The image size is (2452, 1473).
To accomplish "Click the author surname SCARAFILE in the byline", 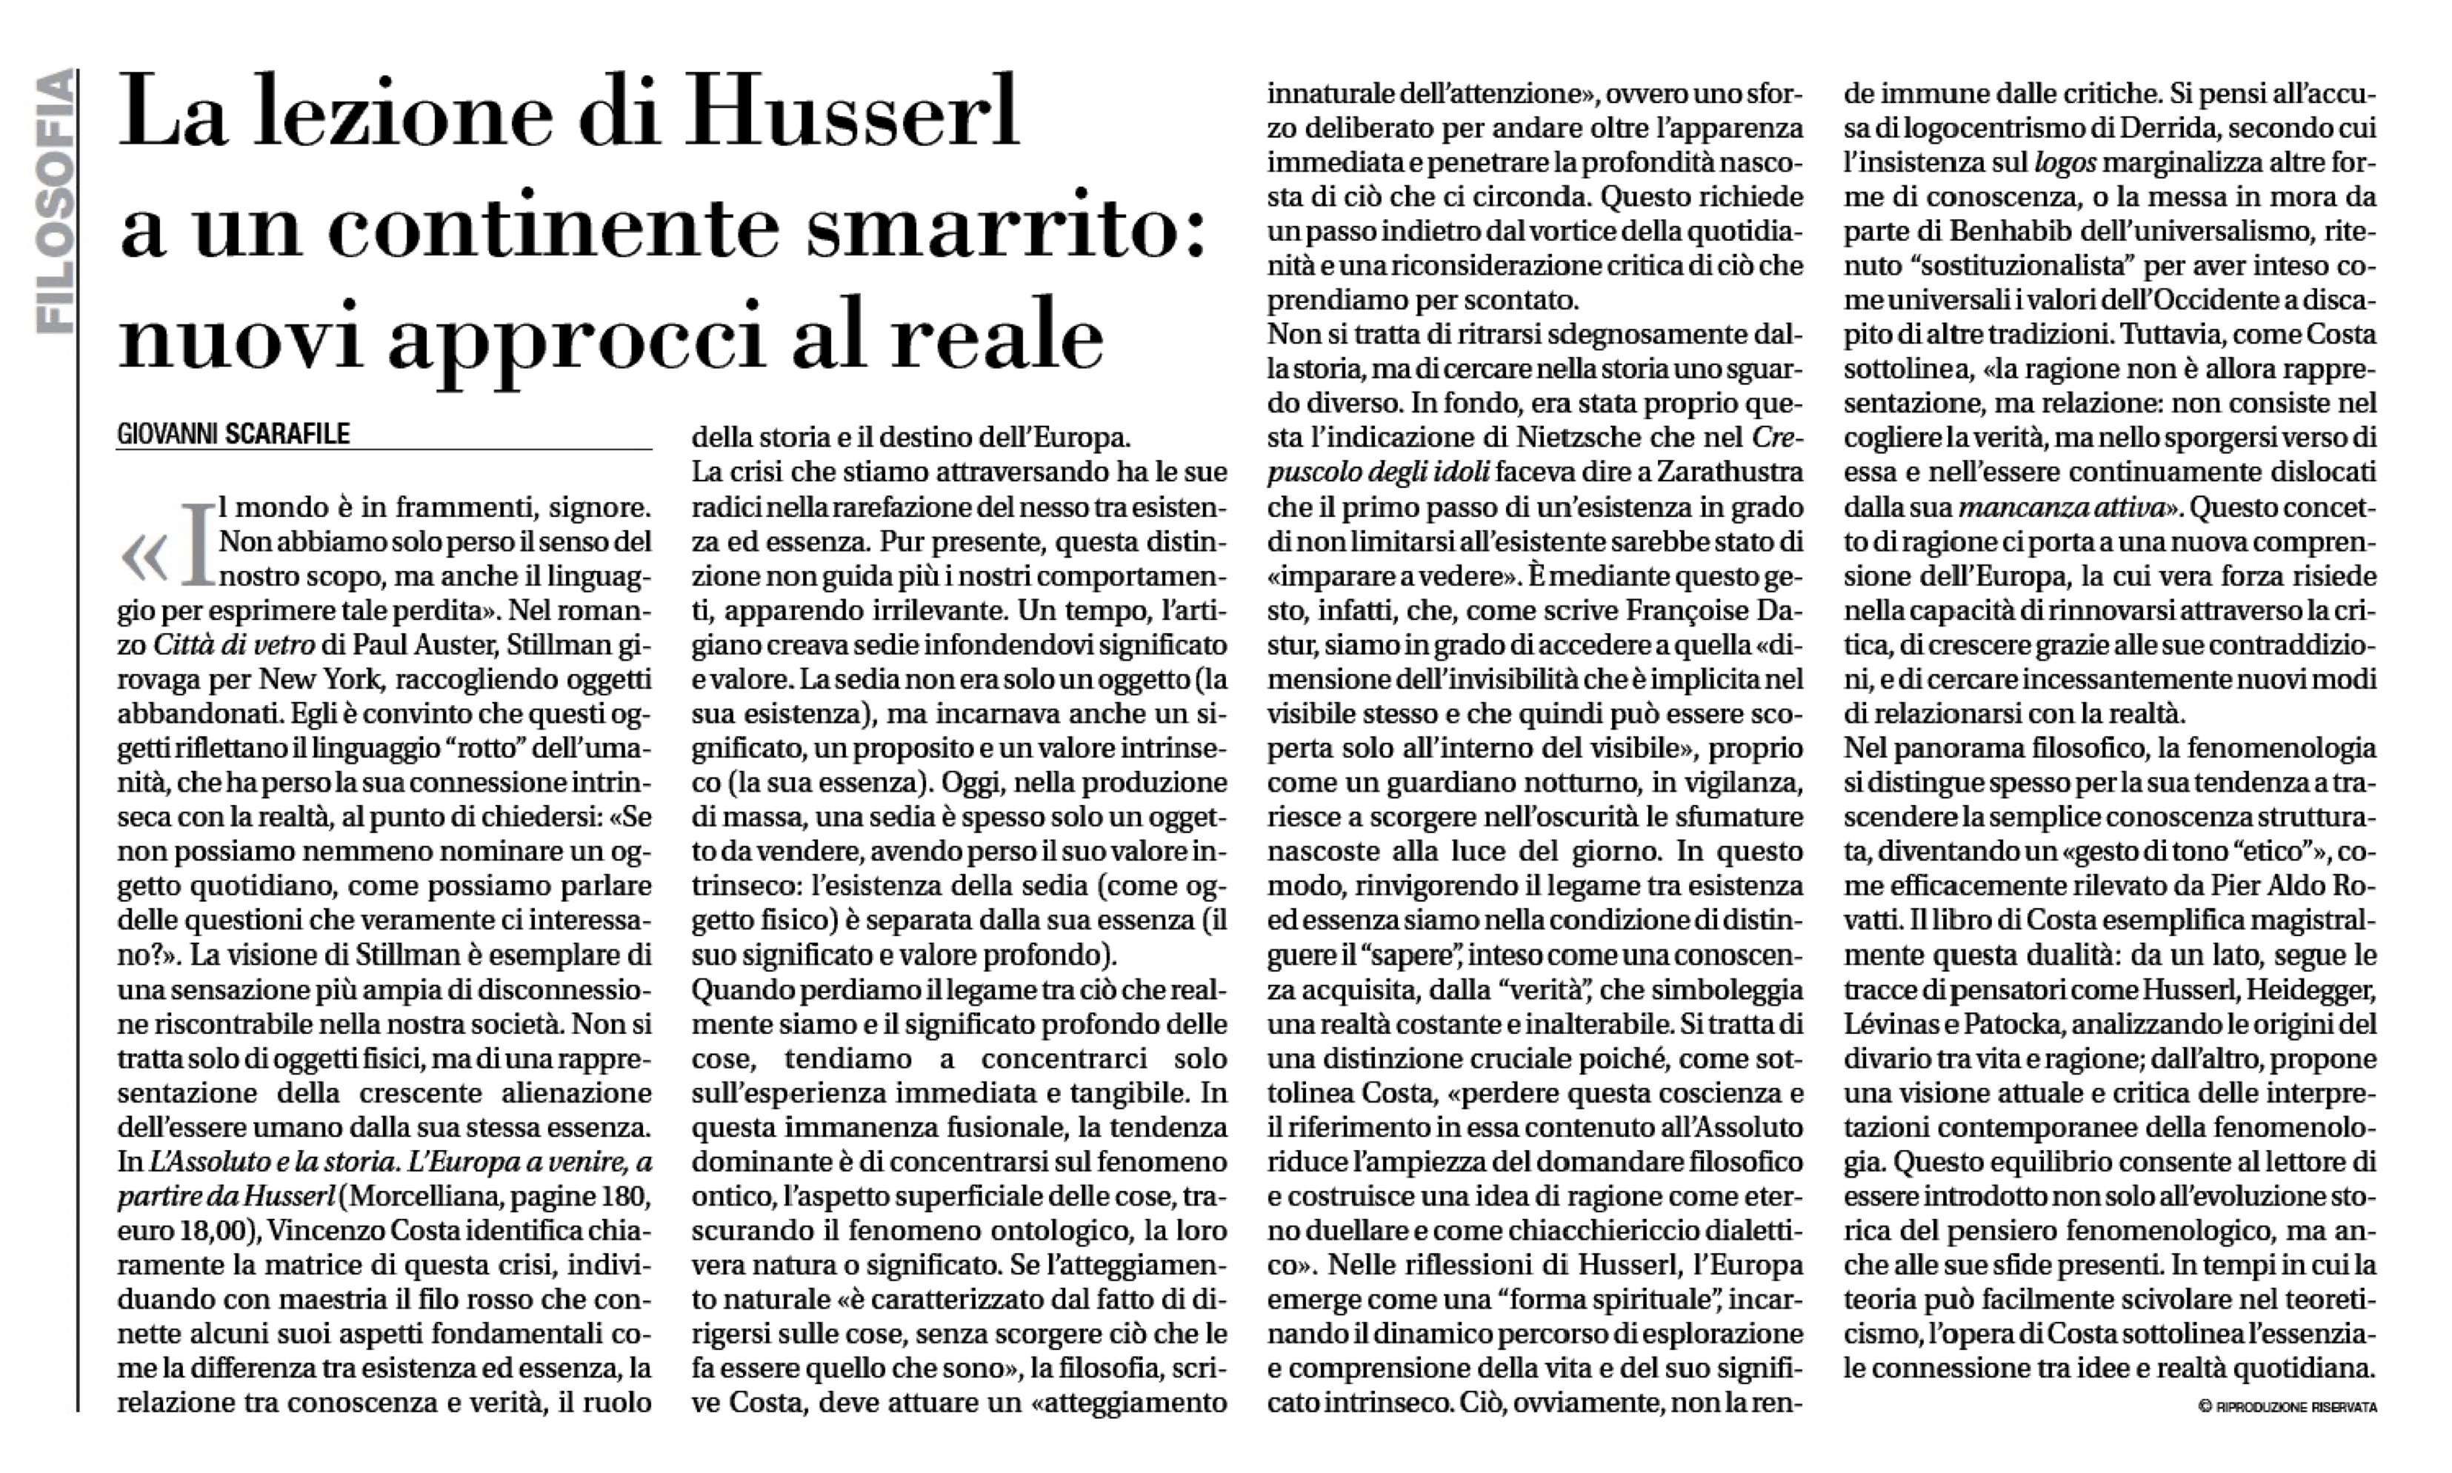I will point(288,434).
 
